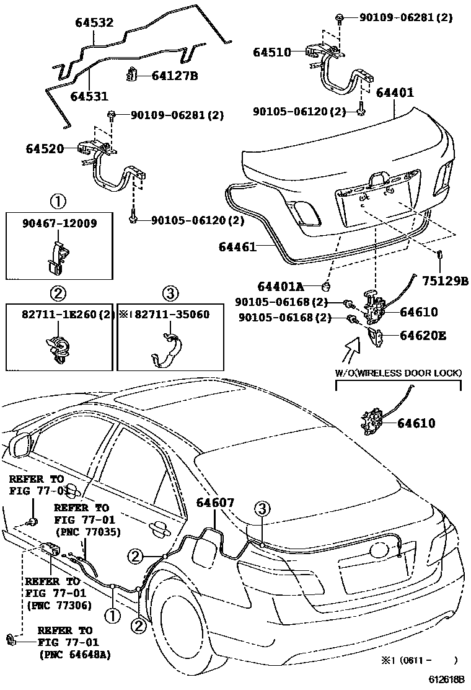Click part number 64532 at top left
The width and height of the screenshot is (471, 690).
[94, 22]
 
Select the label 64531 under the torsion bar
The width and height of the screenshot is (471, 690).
[89, 96]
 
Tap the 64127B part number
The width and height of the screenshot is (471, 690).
[175, 76]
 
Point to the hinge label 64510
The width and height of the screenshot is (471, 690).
[272, 52]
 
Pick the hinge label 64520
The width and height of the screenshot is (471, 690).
[45, 148]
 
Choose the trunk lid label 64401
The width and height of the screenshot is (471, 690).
[395, 92]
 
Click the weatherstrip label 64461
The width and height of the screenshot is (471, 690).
[237, 247]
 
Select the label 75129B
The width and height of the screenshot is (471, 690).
[445, 280]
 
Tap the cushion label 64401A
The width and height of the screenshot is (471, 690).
[280, 287]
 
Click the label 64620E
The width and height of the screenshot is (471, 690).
[423, 336]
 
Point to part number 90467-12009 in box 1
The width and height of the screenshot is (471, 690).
[59, 223]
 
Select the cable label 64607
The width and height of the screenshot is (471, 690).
[215, 502]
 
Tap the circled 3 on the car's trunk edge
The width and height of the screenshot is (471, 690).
[262, 509]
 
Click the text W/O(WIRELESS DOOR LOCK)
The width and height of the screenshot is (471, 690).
[398, 373]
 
